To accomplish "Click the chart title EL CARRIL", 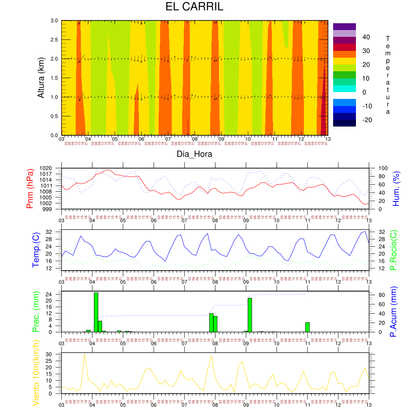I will (195, 7).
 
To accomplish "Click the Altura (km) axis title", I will (40, 78).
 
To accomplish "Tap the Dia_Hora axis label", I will (195, 154).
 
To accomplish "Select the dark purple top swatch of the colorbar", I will (344, 26).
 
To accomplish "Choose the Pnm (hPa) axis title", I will (30, 188).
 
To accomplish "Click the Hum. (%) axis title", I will (396, 188).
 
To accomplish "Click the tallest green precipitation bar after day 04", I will (96, 312).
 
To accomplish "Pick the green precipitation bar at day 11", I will (307, 327).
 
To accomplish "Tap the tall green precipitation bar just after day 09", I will (250, 315).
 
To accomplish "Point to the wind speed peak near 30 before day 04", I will (84, 354).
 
